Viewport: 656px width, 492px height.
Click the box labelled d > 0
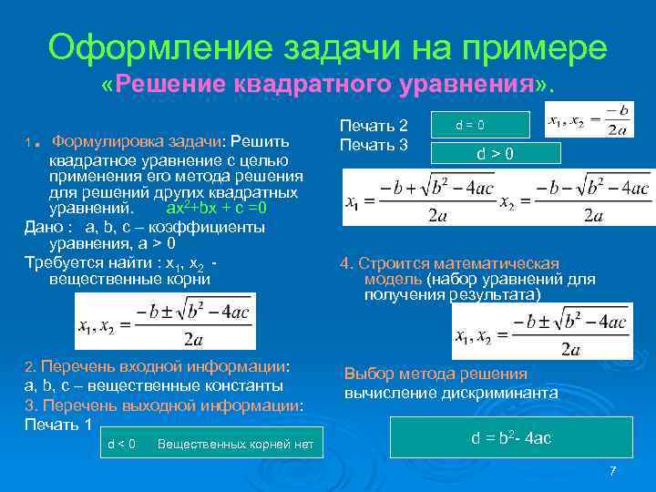click(x=495, y=154)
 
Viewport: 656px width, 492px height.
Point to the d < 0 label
click(x=121, y=444)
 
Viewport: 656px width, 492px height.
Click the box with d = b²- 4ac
click(x=510, y=438)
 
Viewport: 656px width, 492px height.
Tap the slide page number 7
click(x=612, y=470)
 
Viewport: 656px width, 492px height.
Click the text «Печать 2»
click(x=374, y=126)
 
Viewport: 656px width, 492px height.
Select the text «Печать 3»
click(x=374, y=144)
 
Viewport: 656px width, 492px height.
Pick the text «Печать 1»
click(x=58, y=425)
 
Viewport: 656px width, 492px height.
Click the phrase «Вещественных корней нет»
click(x=235, y=444)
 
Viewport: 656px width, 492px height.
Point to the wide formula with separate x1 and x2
click(x=496, y=199)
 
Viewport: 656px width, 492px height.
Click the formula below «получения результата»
click(x=541, y=332)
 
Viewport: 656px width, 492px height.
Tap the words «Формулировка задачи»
click(x=136, y=141)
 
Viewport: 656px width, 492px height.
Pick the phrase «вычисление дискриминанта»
click(x=451, y=393)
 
